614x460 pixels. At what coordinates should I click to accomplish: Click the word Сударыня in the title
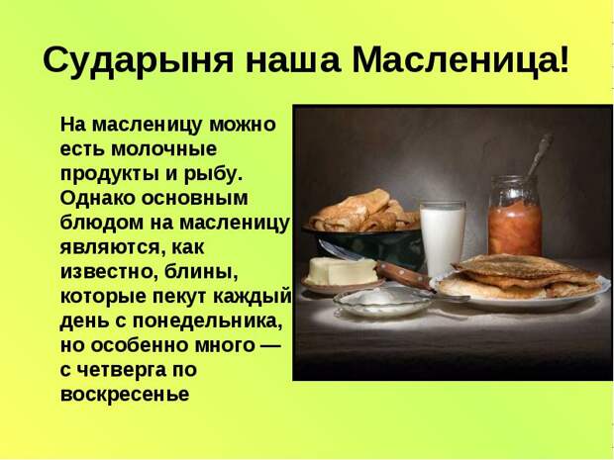click(x=139, y=60)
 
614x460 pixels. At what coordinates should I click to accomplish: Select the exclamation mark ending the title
click(x=563, y=59)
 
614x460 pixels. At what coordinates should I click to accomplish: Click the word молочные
click(x=163, y=148)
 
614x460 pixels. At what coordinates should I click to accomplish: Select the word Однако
click(x=98, y=198)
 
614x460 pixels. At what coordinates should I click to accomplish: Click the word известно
click(x=107, y=271)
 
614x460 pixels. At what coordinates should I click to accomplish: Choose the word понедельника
click(x=207, y=322)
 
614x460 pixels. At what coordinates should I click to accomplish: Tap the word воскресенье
click(x=125, y=395)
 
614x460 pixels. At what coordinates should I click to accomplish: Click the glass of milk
click(x=443, y=237)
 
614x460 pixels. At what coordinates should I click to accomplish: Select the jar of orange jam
click(x=514, y=216)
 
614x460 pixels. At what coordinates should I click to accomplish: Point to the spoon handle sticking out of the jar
click(x=540, y=155)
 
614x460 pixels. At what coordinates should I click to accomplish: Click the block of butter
click(x=341, y=271)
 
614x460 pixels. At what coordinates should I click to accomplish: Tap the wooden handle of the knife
click(x=403, y=275)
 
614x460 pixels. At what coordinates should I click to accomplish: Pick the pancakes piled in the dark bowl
click(x=365, y=212)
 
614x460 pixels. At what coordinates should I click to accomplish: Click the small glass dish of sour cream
click(x=382, y=301)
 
